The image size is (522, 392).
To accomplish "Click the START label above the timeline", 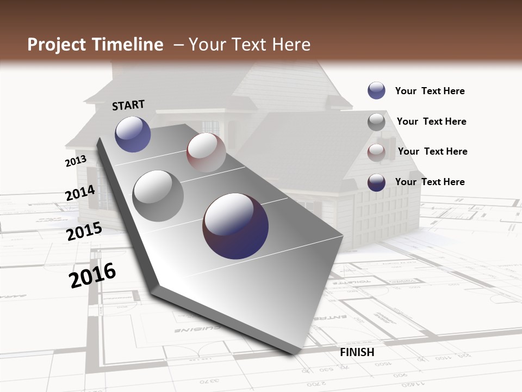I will (x=128, y=105).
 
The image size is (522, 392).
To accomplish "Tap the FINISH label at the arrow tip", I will (x=357, y=352).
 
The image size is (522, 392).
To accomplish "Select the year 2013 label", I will (x=76, y=161).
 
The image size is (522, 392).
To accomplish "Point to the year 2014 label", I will (x=80, y=193).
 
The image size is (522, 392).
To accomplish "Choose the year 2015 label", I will (x=84, y=231).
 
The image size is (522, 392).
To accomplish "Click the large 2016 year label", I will (x=92, y=275).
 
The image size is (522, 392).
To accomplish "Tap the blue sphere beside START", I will (x=133, y=134).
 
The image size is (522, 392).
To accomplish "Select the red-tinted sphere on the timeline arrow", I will (x=206, y=152).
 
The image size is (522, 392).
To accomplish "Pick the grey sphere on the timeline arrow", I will (x=158, y=195).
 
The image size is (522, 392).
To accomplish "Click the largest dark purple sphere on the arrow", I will (x=235, y=226).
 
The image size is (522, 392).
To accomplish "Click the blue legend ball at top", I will (x=376, y=91).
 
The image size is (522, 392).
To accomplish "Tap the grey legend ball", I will (x=376, y=122).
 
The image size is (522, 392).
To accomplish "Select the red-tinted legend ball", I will (x=376, y=152).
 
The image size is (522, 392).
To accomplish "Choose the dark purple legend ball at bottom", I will (x=376, y=182).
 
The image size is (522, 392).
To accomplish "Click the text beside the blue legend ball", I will (x=430, y=91).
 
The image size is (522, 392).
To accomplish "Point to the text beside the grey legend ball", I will (x=431, y=121).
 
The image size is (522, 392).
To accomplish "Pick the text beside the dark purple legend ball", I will (x=430, y=182).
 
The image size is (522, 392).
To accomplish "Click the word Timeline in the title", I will (x=129, y=45).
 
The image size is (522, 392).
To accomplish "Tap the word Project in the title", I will (x=57, y=45).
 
